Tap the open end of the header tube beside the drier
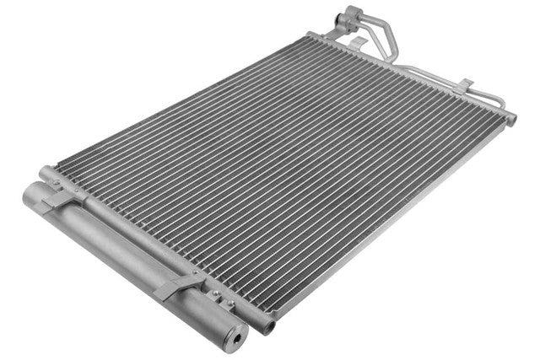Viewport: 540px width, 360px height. [269, 324]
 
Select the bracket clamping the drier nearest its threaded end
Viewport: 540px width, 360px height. [179, 285]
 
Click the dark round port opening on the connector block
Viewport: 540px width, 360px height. [341, 17]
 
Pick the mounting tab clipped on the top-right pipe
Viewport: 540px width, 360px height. [464, 84]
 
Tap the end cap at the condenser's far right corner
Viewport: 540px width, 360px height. [511, 119]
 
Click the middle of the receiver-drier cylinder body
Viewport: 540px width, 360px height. [127, 253]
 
